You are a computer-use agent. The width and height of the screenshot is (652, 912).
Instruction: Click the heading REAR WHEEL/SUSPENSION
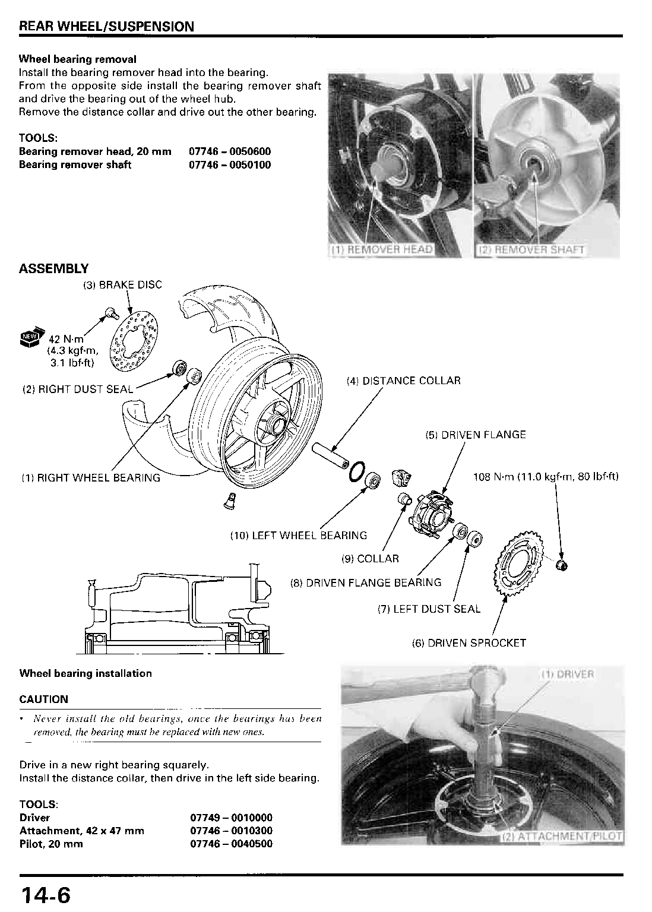tap(106, 27)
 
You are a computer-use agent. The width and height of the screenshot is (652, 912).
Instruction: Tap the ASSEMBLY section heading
tap(53, 269)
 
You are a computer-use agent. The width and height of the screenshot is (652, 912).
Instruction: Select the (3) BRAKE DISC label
tap(122, 285)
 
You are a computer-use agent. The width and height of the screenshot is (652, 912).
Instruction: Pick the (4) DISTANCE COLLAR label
tap(403, 381)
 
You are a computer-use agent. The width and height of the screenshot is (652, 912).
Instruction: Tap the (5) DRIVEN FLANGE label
tap(476, 435)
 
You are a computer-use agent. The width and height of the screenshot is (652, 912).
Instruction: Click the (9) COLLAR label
tap(370, 559)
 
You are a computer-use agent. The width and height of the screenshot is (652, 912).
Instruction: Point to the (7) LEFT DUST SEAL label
tap(429, 609)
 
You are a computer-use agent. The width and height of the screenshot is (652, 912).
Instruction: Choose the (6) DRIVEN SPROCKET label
tap(469, 643)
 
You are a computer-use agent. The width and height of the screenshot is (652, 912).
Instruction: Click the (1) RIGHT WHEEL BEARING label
tap(90, 477)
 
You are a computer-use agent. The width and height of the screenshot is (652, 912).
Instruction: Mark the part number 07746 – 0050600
tap(230, 151)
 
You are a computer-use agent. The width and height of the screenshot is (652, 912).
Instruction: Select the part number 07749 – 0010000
tap(231, 818)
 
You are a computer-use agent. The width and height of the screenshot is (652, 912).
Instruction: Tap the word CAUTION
tap(43, 699)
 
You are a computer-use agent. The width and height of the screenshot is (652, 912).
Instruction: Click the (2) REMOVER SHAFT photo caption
tap(531, 250)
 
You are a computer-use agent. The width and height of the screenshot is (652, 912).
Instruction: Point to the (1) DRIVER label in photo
tap(567, 674)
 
